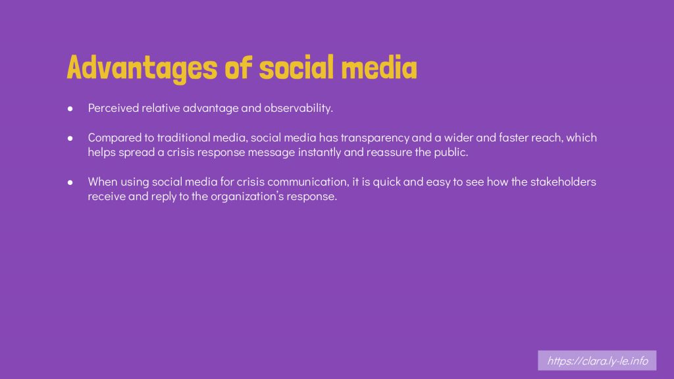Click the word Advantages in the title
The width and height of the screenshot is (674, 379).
tap(142, 68)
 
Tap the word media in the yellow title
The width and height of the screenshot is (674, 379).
tap(378, 68)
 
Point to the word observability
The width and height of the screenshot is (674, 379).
tap(298, 108)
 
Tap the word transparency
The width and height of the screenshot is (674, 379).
tap(375, 138)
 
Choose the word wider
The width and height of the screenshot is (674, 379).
tap(458, 138)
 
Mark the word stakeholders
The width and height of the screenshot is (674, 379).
tap(563, 182)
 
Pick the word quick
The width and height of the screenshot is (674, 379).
tap(386, 182)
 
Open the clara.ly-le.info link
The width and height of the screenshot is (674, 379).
tap(597, 361)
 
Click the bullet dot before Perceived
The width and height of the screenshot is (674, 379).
tap(70, 109)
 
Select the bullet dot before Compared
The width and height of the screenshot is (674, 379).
tap(70, 138)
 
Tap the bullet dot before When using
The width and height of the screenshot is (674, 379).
tap(70, 183)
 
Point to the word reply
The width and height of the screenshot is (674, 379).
tap(164, 197)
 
